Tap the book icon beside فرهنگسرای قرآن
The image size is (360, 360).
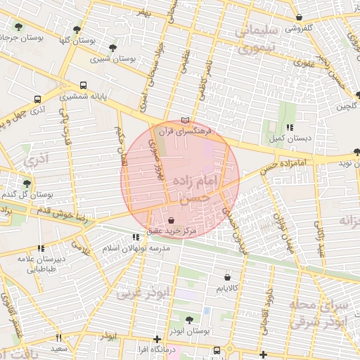[x=185, y=120]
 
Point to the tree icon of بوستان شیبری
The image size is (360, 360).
[x=113, y=49]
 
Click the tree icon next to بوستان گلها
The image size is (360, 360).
[x=77, y=30]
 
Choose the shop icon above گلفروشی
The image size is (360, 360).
[x=300, y=18]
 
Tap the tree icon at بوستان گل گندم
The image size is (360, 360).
[x=27, y=184]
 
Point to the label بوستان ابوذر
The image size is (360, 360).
[x=190, y=330]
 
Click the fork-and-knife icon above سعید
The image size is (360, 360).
[x=58, y=338]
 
